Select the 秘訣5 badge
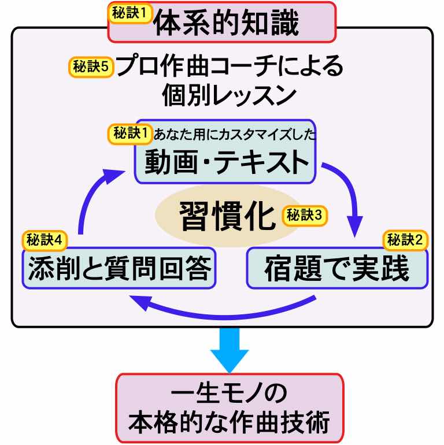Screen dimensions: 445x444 [x=90, y=66]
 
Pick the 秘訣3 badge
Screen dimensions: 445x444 [x=305, y=216]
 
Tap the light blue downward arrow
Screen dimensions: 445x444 [x=229, y=350]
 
